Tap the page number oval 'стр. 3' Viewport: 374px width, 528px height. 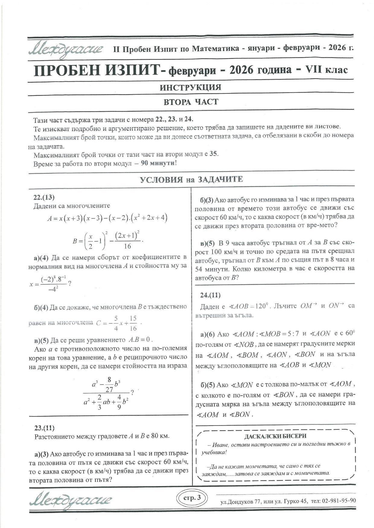click(192, 498)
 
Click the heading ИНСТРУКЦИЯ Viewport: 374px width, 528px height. click(190, 87)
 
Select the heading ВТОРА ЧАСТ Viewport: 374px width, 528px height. click(190, 102)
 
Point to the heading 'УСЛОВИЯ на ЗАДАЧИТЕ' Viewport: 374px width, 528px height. click(191, 180)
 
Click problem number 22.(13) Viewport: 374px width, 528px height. click(44, 197)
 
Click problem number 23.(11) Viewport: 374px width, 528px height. click(44, 428)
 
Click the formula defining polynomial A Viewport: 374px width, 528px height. click(107, 218)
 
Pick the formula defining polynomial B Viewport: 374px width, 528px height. click(107, 240)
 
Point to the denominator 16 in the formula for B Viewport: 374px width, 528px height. click(127, 246)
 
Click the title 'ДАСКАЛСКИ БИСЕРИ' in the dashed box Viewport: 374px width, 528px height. click(275, 436)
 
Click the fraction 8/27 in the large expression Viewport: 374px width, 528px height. click(109, 385)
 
